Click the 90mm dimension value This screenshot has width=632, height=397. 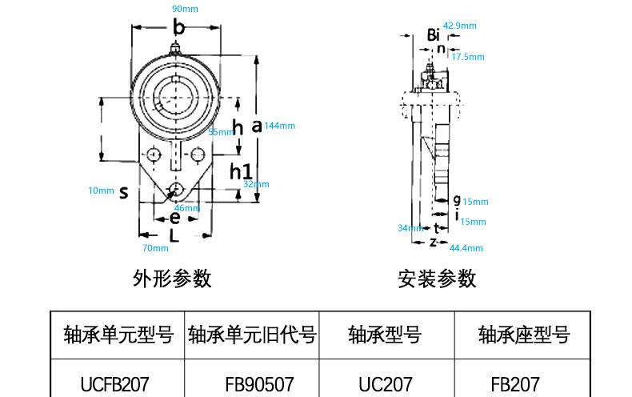click(x=185, y=9)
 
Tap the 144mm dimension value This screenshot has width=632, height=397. click(x=280, y=126)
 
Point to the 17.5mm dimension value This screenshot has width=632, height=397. click(x=468, y=57)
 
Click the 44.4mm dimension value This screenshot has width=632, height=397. click(x=466, y=248)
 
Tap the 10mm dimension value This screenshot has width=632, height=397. click(x=101, y=190)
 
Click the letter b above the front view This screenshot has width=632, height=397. click(x=178, y=29)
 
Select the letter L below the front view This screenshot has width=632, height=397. click(x=174, y=235)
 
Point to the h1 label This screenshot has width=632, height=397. click(x=241, y=170)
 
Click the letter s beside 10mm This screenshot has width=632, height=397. click(x=123, y=192)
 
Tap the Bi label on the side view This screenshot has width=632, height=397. click(x=433, y=35)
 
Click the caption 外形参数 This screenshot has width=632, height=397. click(x=172, y=278)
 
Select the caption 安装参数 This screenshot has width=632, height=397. click(x=437, y=278)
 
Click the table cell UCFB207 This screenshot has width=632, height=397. click(x=115, y=384)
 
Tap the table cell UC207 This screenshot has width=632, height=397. click(x=386, y=384)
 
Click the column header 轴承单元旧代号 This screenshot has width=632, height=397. click(x=252, y=334)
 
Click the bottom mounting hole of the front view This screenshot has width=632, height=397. click(x=174, y=190)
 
